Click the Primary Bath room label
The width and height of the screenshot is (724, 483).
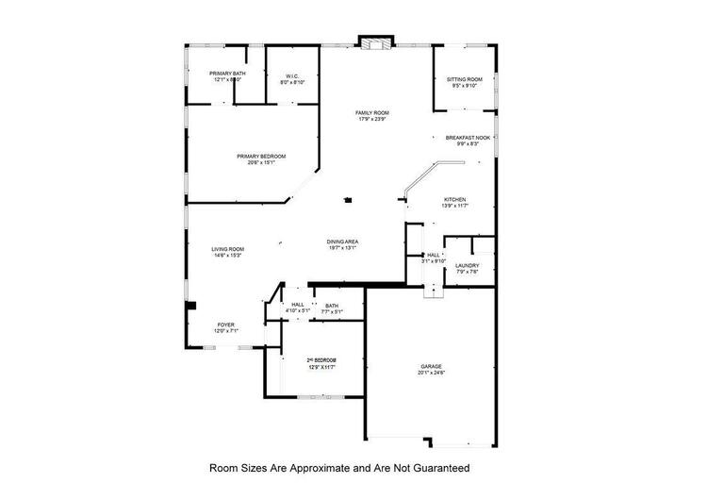227,74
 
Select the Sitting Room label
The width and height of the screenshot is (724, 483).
464,79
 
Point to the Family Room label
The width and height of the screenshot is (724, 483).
371,112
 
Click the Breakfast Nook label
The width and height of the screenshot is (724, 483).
468,138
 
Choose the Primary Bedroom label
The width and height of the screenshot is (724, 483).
260,157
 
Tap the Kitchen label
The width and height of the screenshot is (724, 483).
455,200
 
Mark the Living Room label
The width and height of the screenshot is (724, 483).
227,249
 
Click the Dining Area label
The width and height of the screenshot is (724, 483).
342,242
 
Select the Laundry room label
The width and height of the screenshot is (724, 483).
467,266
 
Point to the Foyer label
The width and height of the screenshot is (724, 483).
226,325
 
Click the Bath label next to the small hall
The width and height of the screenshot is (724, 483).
332,306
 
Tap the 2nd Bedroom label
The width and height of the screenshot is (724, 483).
321,360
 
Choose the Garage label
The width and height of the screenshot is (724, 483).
431,366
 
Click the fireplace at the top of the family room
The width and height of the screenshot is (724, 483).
374,42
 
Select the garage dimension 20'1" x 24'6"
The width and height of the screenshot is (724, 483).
431,373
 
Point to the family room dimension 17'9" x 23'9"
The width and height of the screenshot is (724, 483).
371,119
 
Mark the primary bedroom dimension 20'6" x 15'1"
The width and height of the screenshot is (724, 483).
260,163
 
